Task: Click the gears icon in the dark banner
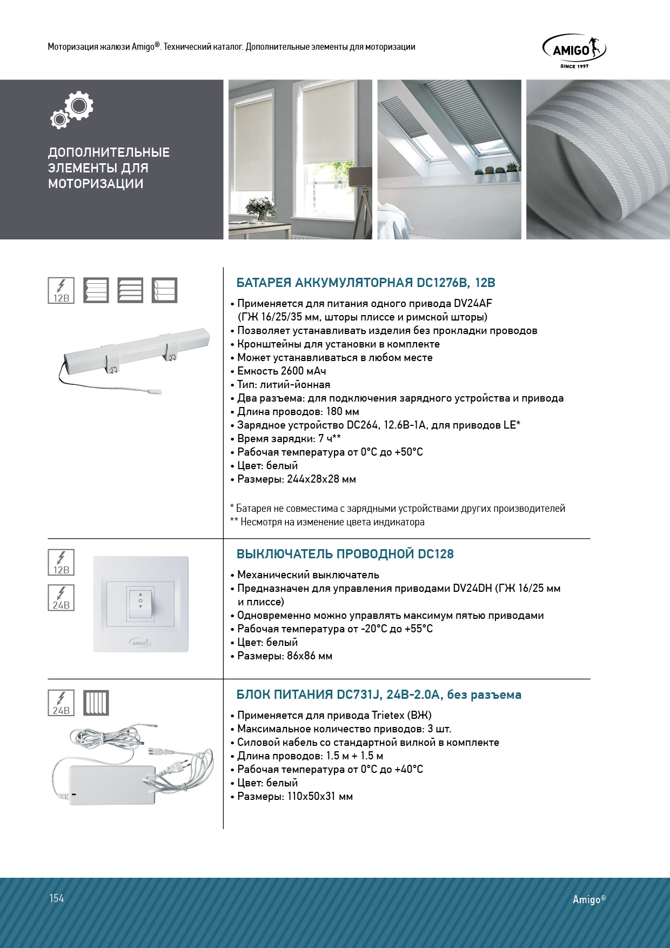tap(72, 109)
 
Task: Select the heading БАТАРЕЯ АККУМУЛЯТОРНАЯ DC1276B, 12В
tap(366, 283)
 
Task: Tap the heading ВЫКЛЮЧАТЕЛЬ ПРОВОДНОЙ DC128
tap(345, 554)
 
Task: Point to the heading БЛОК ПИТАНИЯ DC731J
tap(378, 695)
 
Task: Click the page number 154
tap(57, 898)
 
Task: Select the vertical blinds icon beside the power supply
tap(96, 703)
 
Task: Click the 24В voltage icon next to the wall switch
tap(61, 598)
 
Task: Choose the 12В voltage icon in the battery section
tap(61, 290)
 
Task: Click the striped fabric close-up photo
tap(598, 159)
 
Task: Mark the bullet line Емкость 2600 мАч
tap(281, 371)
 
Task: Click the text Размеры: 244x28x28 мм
tap(296, 479)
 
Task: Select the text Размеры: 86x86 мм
tap(284, 656)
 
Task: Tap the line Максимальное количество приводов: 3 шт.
tap(344, 729)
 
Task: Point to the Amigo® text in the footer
tap(589, 899)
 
